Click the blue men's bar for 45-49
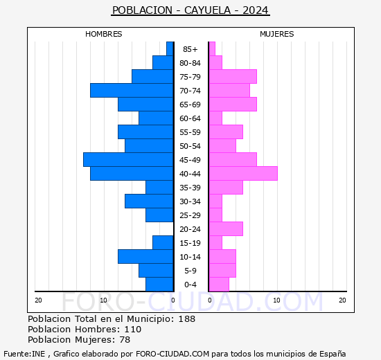click(x=128, y=159)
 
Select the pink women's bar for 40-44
click(x=242, y=173)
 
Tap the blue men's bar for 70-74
click(x=132, y=90)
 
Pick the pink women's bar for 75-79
click(x=232, y=76)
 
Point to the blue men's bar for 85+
click(x=170, y=48)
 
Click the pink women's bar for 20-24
click(x=225, y=228)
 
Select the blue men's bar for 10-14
click(x=145, y=256)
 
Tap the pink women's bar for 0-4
click(x=218, y=284)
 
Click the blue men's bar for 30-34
click(x=149, y=201)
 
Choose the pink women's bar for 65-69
click(x=232, y=104)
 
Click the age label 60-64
click(x=190, y=118)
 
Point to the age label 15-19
click(x=190, y=243)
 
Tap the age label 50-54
click(x=190, y=146)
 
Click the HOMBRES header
click(x=104, y=34)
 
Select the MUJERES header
click(x=277, y=34)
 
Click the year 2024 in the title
click(x=256, y=10)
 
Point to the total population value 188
click(x=186, y=319)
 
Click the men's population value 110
click(x=132, y=330)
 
